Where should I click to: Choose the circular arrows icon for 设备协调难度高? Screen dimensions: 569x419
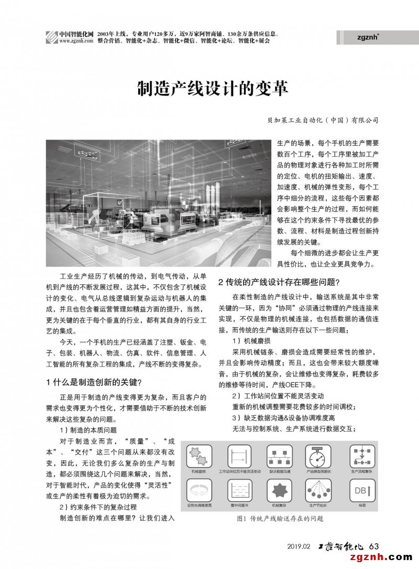pos(199,491)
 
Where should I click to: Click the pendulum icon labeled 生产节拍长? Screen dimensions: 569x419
pos(317,491)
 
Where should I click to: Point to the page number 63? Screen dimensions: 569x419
pos(373,546)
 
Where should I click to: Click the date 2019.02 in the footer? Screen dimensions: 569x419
pos(299,546)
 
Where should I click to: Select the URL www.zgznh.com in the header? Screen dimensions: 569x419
pos(73,40)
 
